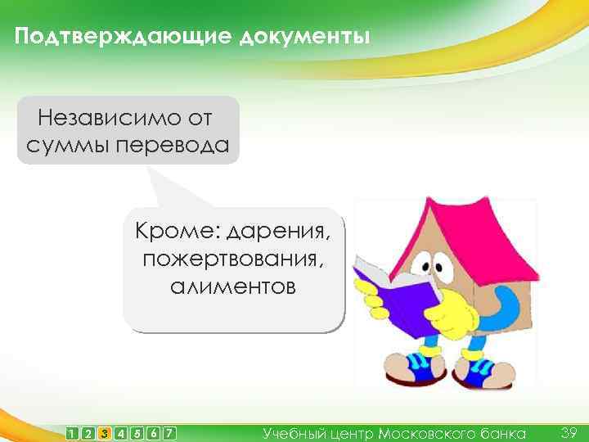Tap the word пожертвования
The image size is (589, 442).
[x=234, y=259]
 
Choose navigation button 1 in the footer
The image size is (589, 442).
[x=74, y=433]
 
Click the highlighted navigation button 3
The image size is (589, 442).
[x=104, y=433]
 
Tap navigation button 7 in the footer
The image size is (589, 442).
[x=169, y=433]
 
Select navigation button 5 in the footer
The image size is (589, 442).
[x=137, y=433]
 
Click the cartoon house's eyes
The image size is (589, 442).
[x=431, y=266]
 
